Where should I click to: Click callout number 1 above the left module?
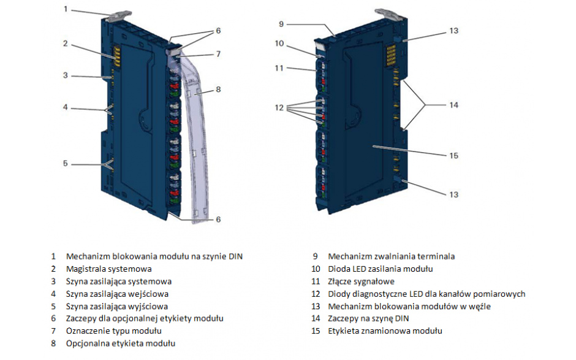click(x=65, y=9)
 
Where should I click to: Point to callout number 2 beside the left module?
click(x=65, y=44)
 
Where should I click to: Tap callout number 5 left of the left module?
click(x=65, y=164)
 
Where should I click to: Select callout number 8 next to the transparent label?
click(x=218, y=90)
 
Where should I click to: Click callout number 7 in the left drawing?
click(x=218, y=54)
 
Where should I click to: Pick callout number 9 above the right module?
click(x=281, y=24)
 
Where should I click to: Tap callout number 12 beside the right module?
click(x=279, y=107)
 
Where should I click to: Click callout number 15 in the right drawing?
click(x=453, y=156)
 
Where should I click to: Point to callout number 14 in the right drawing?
click(x=453, y=105)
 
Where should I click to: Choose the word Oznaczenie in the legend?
click(x=87, y=331)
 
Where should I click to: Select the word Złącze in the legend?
click(x=341, y=281)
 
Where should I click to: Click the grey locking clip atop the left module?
click(x=119, y=13)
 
